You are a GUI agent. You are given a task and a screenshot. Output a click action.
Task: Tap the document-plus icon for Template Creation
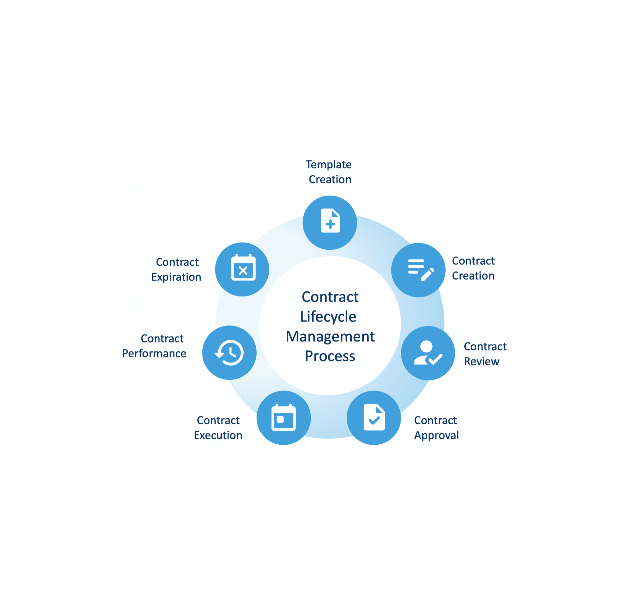pyautogui.click(x=330, y=221)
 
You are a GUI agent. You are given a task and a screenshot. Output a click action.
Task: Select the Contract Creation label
pyautogui.click(x=473, y=268)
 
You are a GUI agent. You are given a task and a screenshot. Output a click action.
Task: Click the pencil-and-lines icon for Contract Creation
pyautogui.click(x=421, y=269)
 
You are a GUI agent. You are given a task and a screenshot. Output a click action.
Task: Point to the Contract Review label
pyautogui.click(x=485, y=354)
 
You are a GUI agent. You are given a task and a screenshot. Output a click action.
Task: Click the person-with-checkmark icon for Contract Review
pyautogui.click(x=428, y=353)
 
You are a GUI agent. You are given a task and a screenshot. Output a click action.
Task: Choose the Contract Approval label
pyautogui.click(x=436, y=428)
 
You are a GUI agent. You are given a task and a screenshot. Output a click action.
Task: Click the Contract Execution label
pyautogui.click(x=218, y=428)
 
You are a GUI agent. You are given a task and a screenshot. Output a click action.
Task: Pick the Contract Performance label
pyautogui.click(x=154, y=346)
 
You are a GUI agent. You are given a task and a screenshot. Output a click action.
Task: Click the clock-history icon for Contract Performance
pyautogui.click(x=229, y=353)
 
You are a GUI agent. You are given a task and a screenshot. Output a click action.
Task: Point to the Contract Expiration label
pyautogui.click(x=176, y=269)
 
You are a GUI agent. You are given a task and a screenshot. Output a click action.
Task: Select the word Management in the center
pyautogui.click(x=330, y=337)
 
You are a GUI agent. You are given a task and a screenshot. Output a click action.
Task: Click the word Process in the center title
pyautogui.click(x=330, y=356)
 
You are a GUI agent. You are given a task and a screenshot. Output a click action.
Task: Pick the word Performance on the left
pyautogui.click(x=154, y=353)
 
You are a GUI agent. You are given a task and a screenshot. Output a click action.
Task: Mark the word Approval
pyautogui.click(x=436, y=435)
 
